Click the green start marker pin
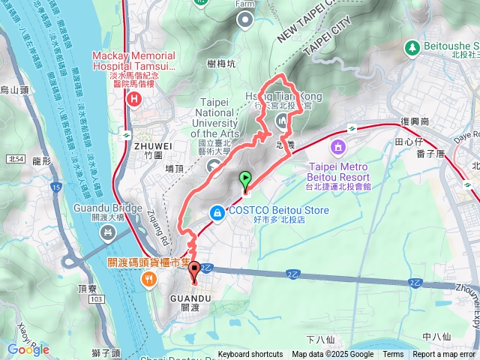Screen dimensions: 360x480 click(x=244, y=179)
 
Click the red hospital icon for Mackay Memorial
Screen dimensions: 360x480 click(x=133, y=97)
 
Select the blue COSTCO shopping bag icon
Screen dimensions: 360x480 click(x=217, y=213)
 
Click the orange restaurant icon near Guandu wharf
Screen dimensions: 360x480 click(x=149, y=279)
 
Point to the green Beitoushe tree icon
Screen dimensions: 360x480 click(x=412, y=47)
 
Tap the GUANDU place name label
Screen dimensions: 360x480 click(x=190, y=298)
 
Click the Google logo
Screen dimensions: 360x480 click(x=28, y=349)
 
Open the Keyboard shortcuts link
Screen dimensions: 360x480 click(x=250, y=355)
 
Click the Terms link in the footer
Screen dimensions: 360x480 click(x=393, y=355)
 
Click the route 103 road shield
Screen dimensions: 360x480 click(x=94, y=278)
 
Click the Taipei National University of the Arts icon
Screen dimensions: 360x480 click(x=215, y=166)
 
